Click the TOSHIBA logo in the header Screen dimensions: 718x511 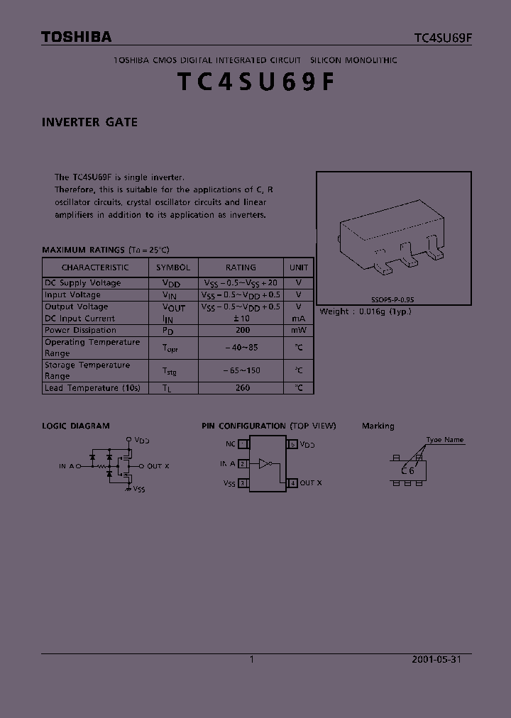click(x=76, y=38)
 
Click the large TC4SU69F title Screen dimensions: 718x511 click(x=255, y=82)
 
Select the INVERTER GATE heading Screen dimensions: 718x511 click(x=89, y=122)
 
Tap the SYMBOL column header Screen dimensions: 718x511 click(x=173, y=267)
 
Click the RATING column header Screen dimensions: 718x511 click(x=241, y=267)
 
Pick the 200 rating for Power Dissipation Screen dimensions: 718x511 click(x=243, y=331)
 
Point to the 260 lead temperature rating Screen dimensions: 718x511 click(x=243, y=388)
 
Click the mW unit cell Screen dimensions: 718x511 click(x=299, y=331)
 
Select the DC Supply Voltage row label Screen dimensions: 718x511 click(x=82, y=283)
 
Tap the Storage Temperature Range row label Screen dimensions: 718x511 click(x=87, y=370)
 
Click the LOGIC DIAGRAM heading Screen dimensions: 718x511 click(x=76, y=426)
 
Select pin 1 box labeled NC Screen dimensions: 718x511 click(x=243, y=444)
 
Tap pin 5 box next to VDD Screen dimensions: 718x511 click(x=292, y=444)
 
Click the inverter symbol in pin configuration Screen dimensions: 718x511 click(x=265, y=464)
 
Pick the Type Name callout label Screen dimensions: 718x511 click(x=445, y=440)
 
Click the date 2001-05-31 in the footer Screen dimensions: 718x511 click(x=436, y=659)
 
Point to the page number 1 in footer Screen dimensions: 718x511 click(x=252, y=659)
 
